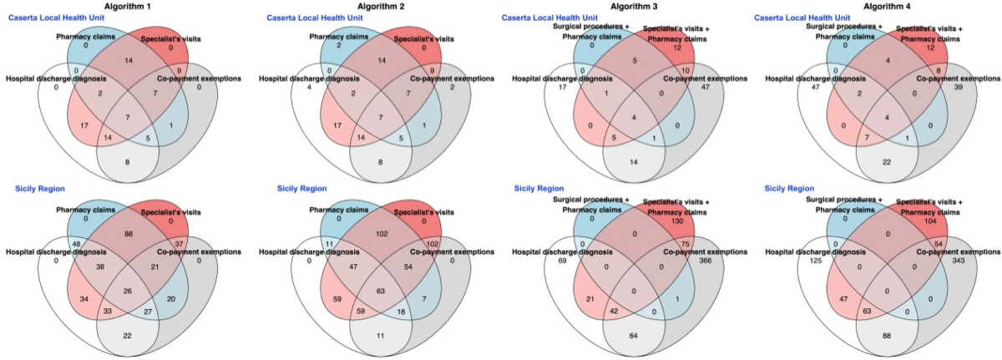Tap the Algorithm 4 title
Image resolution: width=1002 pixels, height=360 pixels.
pos(878,6)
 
